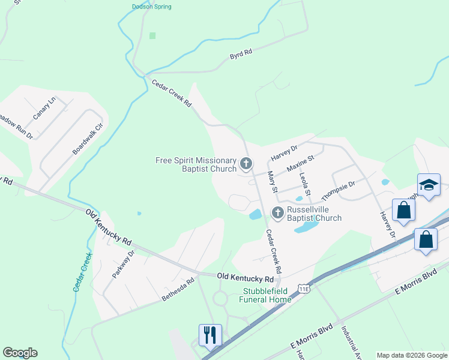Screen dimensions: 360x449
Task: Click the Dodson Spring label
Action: (x=151, y=7)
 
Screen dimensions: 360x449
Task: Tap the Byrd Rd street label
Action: (x=241, y=55)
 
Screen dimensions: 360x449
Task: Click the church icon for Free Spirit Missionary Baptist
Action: (x=246, y=163)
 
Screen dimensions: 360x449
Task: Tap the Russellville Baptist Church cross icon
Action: (x=277, y=212)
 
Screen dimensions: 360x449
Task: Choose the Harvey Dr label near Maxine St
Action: (x=284, y=152)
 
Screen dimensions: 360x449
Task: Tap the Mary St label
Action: (x=271, y=181)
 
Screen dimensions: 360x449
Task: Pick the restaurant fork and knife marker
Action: (x=210, y=334)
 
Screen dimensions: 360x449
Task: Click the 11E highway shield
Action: (x=305, y=289)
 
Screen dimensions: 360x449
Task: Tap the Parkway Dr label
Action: (x=124, y=265)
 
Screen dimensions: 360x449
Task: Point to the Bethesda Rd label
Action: (x=178, y=289)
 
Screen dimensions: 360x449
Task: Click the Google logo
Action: (x=20, y=353)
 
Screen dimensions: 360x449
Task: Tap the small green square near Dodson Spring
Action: (x=152, y=36)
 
